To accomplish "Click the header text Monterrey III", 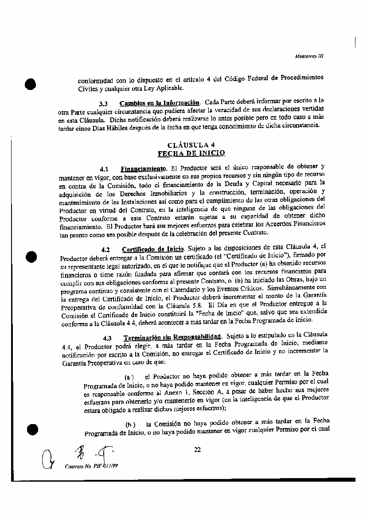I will pos(309,56).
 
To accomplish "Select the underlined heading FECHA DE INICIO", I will pos(191,153).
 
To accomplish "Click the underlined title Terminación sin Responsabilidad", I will pos(172,338).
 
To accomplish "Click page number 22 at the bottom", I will pos(197,450).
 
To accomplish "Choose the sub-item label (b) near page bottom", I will pos(130,424).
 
